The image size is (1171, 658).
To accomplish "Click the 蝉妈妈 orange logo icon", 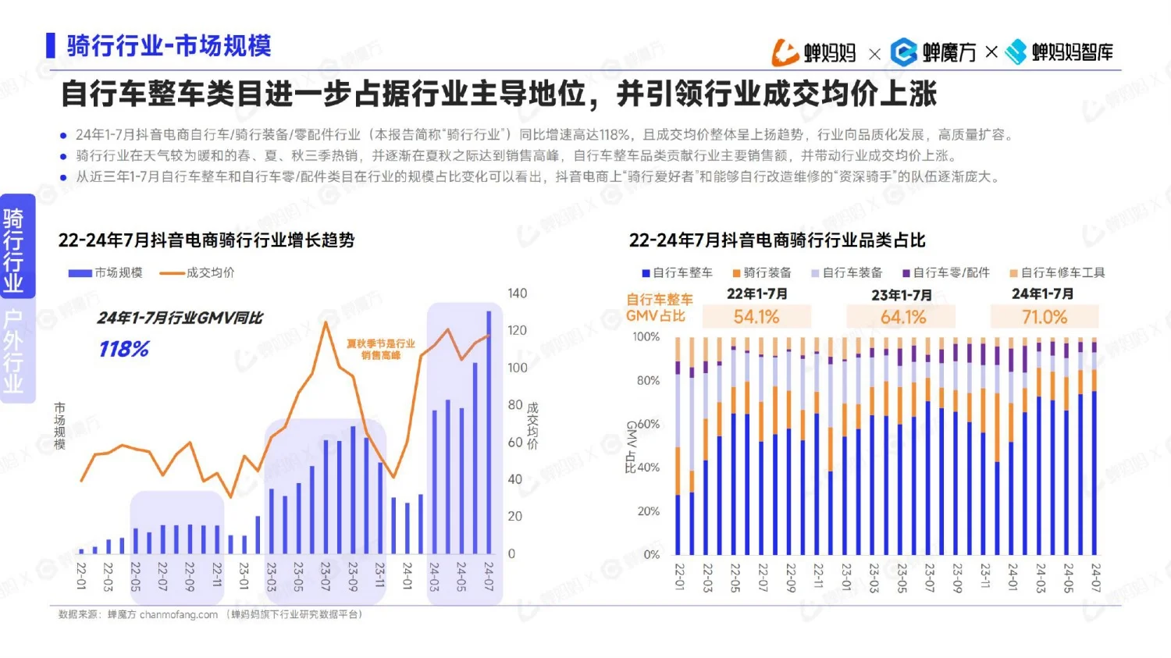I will (x=785, y=52).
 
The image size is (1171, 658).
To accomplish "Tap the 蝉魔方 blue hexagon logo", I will (x=904, y=52).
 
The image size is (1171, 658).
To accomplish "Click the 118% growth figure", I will (x=123, y=349).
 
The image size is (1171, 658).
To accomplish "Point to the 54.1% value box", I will (x=756, y=317).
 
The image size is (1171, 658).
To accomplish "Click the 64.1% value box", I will (x=902, y=317).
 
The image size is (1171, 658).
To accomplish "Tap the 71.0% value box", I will (x=1044, y=317).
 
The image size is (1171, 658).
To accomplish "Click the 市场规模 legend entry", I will (x=106, y=272).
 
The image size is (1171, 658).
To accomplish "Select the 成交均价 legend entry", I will (x=198, y=272).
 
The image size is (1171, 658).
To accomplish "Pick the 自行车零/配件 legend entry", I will (x=946, y=272).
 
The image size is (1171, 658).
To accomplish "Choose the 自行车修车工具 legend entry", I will (x=1058, y=272).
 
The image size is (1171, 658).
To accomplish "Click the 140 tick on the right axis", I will (x=517, y=293).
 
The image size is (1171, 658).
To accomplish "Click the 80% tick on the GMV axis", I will (x=647, y=380).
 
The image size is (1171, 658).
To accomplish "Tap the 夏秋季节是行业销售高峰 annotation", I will (x=380, y=349).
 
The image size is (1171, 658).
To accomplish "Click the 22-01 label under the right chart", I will (x=679, y=577).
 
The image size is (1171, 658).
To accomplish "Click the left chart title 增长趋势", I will (x=206, y=240).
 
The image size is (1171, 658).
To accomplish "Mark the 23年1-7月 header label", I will (x=902, y=295).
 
